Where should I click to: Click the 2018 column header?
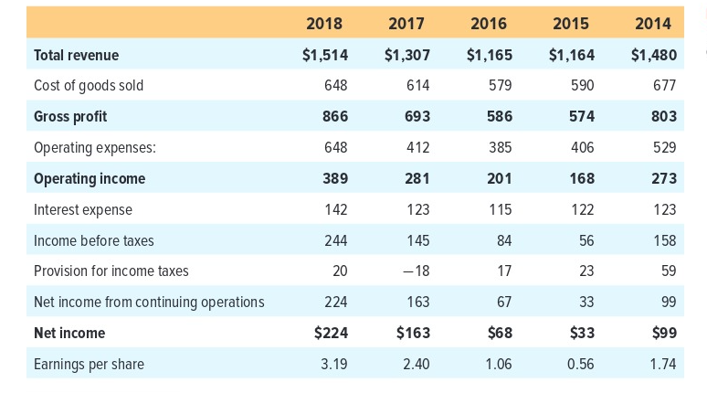point(325,23)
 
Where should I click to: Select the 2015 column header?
point(570,23)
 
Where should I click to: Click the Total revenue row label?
point(76,55)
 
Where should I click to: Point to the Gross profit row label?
point(69,116)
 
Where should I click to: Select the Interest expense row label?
point(82,209)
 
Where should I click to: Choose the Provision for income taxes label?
point(111,271)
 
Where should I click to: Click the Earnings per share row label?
point(89,364)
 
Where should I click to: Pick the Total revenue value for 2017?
point(406,55)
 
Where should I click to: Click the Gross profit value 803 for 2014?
point(663,116)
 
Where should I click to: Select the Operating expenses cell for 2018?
point(334,147)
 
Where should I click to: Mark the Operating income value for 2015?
point(581,178)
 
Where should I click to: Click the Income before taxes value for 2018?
point(334,240)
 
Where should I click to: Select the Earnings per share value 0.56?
point(580,364)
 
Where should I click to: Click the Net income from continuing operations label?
point(148,302)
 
